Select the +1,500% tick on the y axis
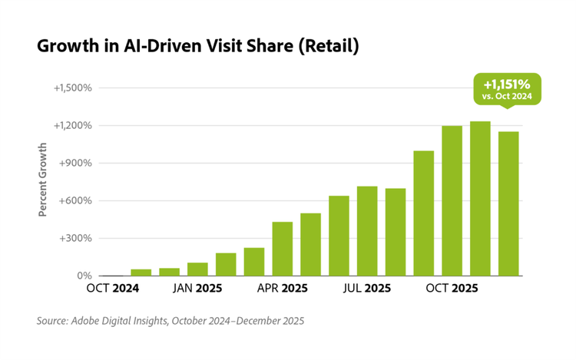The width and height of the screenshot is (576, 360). click(x=74, y=88)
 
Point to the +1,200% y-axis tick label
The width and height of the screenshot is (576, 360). click(x=74, y=125)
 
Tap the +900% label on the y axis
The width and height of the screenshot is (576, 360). click(x=77, y=163)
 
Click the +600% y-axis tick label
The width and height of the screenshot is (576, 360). click(x=77, y=201)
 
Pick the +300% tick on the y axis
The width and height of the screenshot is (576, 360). click(x=77, y=238)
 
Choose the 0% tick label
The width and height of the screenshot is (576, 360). click(x=84, y=276)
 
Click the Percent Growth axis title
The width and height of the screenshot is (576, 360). click(x=43, y=179)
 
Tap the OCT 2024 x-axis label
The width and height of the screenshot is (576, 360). click(x=113, y=289)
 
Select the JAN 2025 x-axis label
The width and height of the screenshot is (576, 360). click(x=197, y=289)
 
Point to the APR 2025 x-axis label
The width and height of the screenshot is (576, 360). click(x=282, y=289)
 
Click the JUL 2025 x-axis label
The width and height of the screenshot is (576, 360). click(x=367, y=289)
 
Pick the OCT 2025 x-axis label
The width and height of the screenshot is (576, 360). click(x=452, y=289)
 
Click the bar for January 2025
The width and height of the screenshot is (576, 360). click(x=197, y=269)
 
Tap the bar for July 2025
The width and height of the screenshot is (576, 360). click(x=367, y=231)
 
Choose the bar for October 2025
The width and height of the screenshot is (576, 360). click(x=452, y=200)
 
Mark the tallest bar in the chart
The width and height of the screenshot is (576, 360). click(x=480, y=199)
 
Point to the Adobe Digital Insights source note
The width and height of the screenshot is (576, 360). click(x=170, y=321)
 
